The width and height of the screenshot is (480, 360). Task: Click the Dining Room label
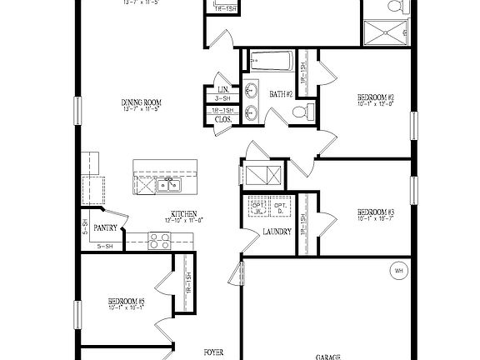(x=141, y=102)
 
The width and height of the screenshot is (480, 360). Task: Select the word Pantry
(x=105, y=227)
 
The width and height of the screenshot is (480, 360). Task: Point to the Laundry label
(x=275, y=232)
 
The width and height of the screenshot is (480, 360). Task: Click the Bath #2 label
(x=281, y=95)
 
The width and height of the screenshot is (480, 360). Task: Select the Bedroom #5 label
(x=126, y=301)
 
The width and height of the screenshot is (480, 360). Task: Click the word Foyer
(x=213, y=352)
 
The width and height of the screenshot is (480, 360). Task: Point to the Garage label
(x=327, y=357)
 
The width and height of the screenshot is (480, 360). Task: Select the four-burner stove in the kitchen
(x=159, y=241)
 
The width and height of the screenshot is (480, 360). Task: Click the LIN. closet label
(x=222, y=89)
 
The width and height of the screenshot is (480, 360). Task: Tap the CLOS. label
(x=222, y=119)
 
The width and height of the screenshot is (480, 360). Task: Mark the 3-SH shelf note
(x=222, y=98)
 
